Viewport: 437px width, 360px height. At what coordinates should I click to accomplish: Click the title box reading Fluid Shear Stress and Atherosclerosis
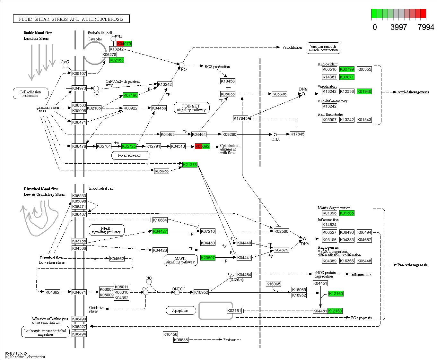pyautogui.click(x=71, y=19)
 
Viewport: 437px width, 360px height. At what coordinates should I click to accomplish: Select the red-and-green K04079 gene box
pyautogui.click(x=124, y=44)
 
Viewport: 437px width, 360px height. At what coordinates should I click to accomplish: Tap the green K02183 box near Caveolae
pyautogui.click(x=117, y=60)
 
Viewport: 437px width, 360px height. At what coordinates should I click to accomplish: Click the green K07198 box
pyautogui.click(x=130, y=95)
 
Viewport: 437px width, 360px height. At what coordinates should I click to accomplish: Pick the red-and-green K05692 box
pyautogui.click(x=202, y=146)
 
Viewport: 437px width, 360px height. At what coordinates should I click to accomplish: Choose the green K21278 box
pyautogui.click(x=190, y=165)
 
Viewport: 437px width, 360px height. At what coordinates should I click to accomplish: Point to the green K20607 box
pyautogui.click(x=208, y=258)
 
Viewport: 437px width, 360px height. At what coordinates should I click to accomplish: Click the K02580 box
pyautogui.click(x=281, y=231)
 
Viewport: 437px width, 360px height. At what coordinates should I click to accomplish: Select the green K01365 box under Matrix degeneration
pyautogui.click(x=347, y=213)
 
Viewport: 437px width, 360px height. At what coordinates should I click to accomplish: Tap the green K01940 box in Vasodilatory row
pyautogui.click(x=364, y=91)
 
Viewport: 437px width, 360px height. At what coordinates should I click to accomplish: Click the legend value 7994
pyautogui.click(x=426, y=27)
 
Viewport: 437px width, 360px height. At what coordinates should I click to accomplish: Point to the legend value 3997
pyautogui.click(x=398, y=27)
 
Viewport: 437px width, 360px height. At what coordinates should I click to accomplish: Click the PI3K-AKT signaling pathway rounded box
pyautogui.click(x=191, y=108)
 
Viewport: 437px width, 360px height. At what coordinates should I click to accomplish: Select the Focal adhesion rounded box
pyautogui.click(x=130, y=155)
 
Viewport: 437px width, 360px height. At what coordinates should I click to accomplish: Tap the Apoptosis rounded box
pyautogui.click(x=180, y=311)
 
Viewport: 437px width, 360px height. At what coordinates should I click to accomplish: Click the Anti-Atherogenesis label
pyautogui.click(x=413, y=92)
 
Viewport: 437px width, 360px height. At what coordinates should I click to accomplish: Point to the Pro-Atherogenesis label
pyautogui.click(x=412, y=265)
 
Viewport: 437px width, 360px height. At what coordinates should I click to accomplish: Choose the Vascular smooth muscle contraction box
pyautogui.click(x=323, y=48)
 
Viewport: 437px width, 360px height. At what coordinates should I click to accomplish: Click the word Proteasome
pyautogui.click(x=232, y=340)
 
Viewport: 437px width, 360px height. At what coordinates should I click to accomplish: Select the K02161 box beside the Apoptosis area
pyautogui.click(x=234, y=311)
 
